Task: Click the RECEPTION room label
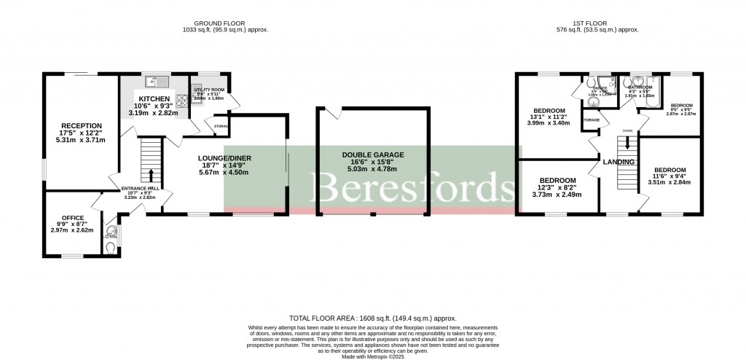[x=81, y=125]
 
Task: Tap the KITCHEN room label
[x=154, y=99]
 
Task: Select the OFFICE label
[x=72, y=219]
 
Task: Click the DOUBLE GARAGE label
[x=372, y=154]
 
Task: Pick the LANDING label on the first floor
[x=618, y=162]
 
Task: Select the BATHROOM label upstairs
[x=640, y=87]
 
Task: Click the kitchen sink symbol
[x=156, y=81]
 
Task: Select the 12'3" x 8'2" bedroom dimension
[x=557, y=189]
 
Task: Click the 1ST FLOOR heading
[x=597, y=23]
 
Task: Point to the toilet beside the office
[x=110, y=248]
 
